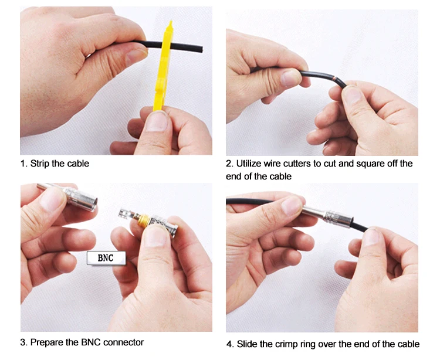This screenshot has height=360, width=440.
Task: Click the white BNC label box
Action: [x=106, y=257]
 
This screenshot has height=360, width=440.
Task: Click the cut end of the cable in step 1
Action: [x=201, y=49]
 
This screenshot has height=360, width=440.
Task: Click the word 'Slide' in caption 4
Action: [x=247, y=344]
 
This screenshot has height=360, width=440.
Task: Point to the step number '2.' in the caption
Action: [x=229, y=164]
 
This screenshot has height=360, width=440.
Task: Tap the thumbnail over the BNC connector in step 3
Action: [x=154, y=236]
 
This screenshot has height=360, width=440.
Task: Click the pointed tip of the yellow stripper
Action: [x=170, y=21]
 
